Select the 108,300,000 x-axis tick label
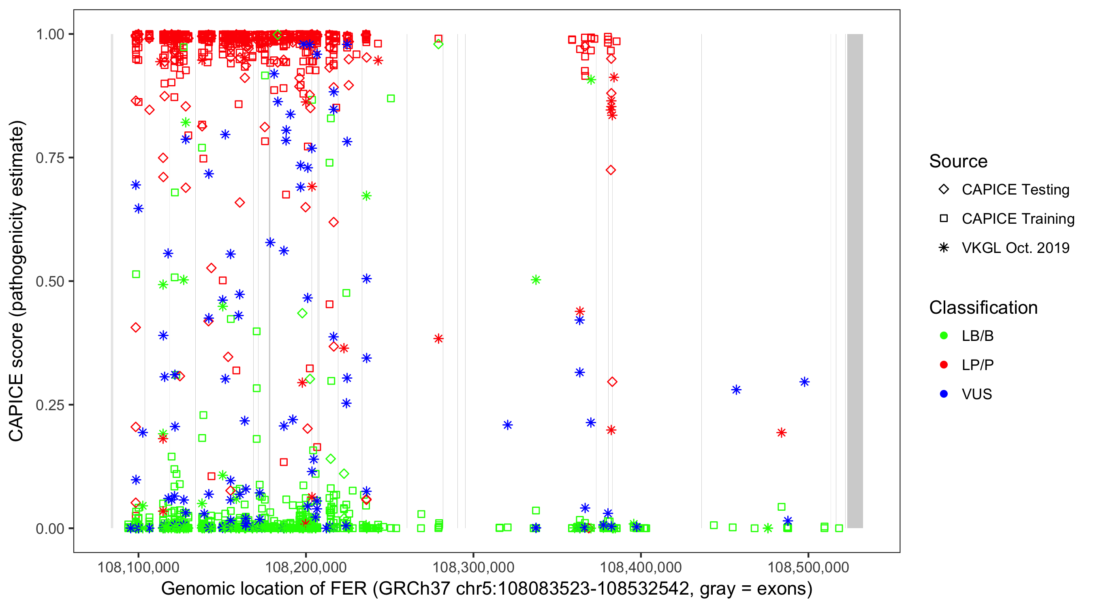tap(473, 567)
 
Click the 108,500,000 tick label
tap(808, 567)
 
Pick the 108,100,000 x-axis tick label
tap(138, 567)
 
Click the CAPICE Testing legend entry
tap(1015, 190)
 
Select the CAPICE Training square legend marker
tap(944, 218)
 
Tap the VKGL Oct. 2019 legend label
tap(1015, 248)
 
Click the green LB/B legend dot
tap(944, 336)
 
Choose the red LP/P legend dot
tap(944, 365)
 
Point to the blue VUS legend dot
tap(944, 394)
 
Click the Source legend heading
tap(958, 161)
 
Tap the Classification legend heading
tap(983, 308)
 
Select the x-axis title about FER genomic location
tap(486, 589)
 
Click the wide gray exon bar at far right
tap(855, 280)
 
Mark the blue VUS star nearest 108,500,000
tap(804, 382)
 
